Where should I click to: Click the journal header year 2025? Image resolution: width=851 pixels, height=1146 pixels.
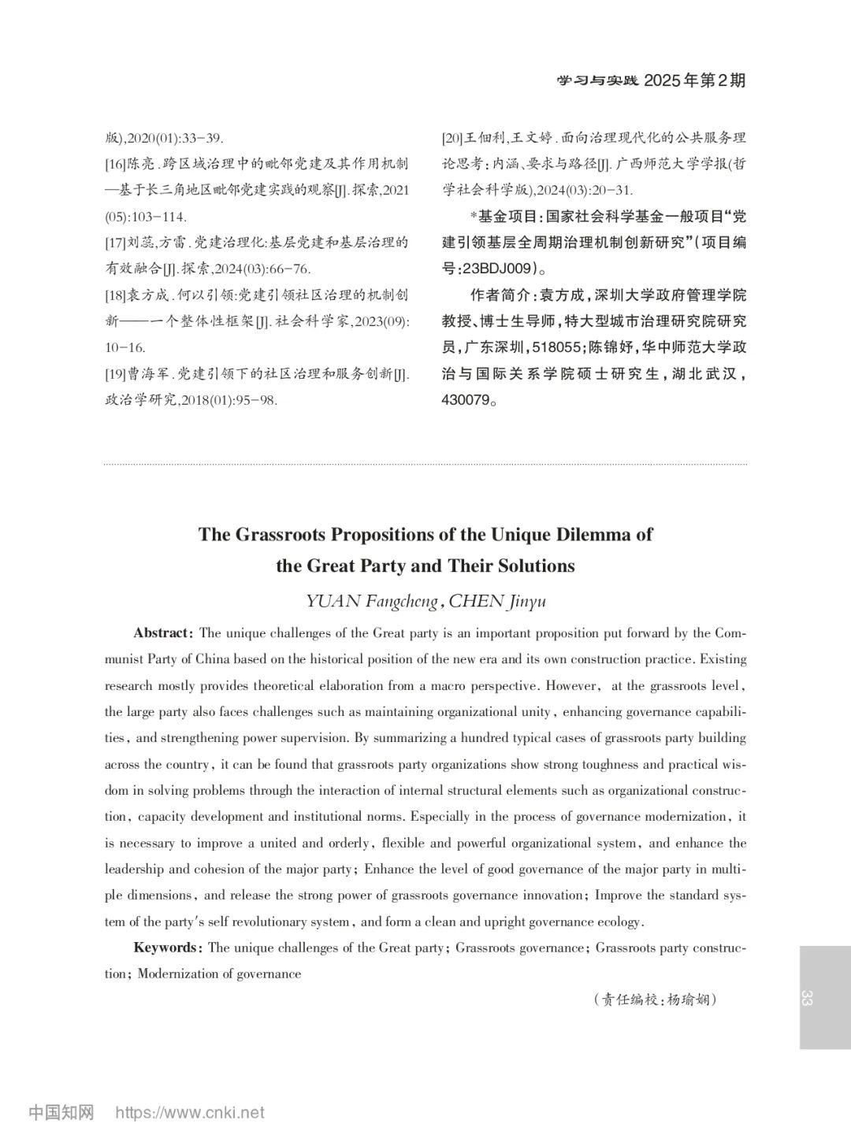pos(664,80)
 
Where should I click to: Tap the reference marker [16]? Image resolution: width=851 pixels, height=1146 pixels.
pos(115,165)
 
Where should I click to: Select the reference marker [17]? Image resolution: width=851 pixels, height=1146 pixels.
pos(115,243)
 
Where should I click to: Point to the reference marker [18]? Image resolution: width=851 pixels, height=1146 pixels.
pos(115,295)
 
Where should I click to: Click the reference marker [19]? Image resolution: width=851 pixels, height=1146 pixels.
pos(115,374)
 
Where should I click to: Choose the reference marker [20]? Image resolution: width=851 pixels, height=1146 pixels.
pos(452,139)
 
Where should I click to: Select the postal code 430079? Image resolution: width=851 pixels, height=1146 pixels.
pos(465,399)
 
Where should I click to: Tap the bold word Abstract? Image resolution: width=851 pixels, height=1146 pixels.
pos(162,633)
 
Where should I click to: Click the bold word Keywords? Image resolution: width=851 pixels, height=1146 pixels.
pos(166,948)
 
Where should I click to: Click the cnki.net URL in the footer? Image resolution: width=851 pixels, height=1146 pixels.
pos(190,1113)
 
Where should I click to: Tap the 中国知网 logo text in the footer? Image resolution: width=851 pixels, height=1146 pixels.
pos(61,1113)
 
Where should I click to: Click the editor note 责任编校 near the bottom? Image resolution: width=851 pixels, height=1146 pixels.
pos(629,1000)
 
